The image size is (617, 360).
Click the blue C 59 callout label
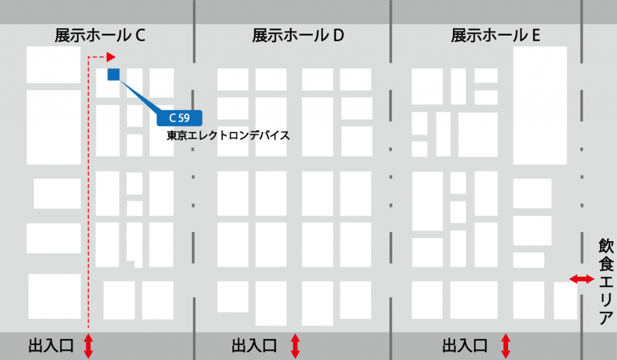point(180,118)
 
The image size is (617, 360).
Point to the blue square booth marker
point(113,74)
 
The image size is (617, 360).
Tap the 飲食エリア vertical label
point(605,282)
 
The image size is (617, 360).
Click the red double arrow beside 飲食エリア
point(581,279)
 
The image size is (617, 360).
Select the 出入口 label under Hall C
point(51,346)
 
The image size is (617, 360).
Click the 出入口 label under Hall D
point(254,346)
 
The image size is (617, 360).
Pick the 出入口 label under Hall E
point(465,346)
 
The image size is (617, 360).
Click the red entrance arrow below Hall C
point(88,346)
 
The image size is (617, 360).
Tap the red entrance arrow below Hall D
point(295,346)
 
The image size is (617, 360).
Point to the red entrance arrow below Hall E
point(506,346)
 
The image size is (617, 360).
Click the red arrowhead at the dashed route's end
point(111,57)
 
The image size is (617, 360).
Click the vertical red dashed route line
point(88,199)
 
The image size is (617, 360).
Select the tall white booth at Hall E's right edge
point(539,106)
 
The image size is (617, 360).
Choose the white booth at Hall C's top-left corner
point(54,65)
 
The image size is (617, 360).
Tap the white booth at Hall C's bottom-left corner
point(54,296)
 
